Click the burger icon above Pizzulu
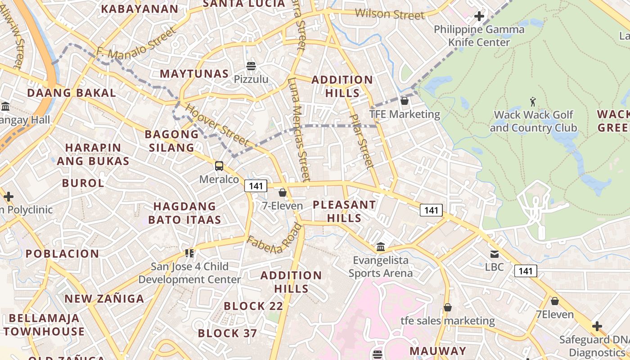251,66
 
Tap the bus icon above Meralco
219,166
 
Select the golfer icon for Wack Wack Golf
533,101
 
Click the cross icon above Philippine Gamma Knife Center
479,17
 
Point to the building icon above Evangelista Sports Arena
381,247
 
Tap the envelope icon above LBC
495,254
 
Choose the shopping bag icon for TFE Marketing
405,101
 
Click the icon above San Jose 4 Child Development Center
189,253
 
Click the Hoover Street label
217,126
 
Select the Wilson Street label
389,14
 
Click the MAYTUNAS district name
194,74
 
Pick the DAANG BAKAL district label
72,93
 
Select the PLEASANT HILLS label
344,211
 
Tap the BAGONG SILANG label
171,141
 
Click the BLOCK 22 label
253,306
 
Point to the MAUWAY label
438,351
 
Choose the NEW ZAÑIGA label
104,299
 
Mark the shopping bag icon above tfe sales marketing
447,308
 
